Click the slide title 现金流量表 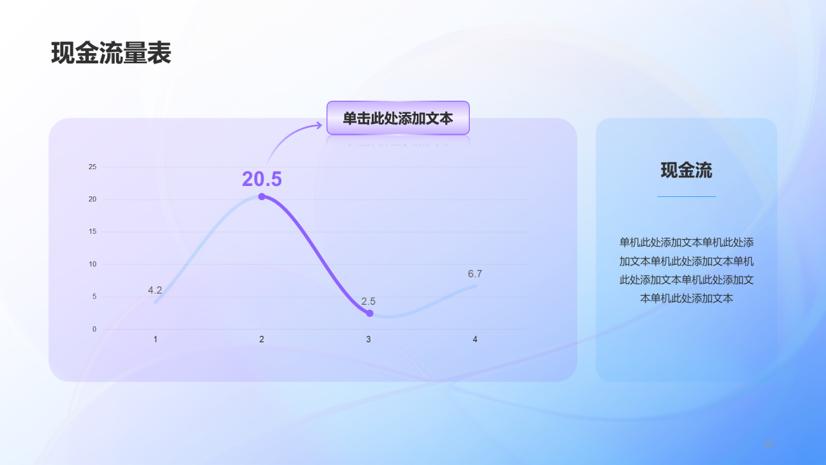[111, 54]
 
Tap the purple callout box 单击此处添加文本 [398, 118]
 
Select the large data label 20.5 [262, 179]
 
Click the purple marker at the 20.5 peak [261, 196]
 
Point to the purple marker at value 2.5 [370, 313]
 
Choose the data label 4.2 [155, 290]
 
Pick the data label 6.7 [475, 274]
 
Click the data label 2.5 [368, 301]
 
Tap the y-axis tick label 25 [92, 167]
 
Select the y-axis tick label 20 [92, 199]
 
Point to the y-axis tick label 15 [92, 231]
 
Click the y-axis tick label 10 [92, 264]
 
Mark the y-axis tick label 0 [94, 329]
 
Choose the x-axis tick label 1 [155, 339]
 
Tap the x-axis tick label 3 [368, 339]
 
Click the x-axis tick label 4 [475, 339]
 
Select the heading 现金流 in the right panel [687, 170]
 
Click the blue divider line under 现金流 [687, 196]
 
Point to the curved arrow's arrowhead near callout [318, 125]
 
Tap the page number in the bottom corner [769, 443]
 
